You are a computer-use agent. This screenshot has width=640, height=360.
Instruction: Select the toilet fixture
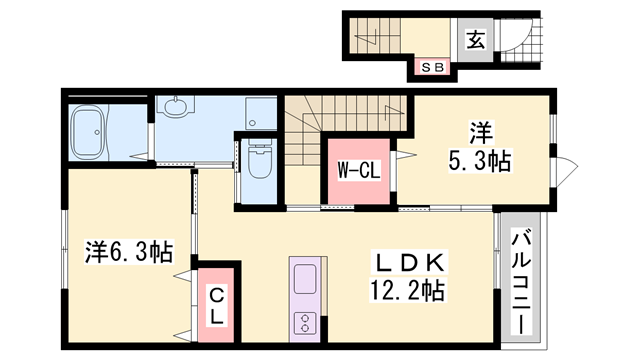[259, 160]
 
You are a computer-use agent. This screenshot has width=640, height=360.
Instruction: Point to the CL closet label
[216, 303]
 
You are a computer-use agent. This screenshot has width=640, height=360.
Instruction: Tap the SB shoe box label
[434, 67]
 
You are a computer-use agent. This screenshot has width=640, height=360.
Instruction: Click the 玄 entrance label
[476, 41]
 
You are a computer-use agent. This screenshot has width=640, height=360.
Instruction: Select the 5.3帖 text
[479, 160]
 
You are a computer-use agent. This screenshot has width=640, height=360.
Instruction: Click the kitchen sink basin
[303, 277]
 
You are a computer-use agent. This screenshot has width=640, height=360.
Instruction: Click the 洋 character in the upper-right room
[479, 131]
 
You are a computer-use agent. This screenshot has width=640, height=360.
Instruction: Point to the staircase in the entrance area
[375, 38]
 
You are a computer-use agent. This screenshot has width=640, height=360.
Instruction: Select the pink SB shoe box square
[434, 67]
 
